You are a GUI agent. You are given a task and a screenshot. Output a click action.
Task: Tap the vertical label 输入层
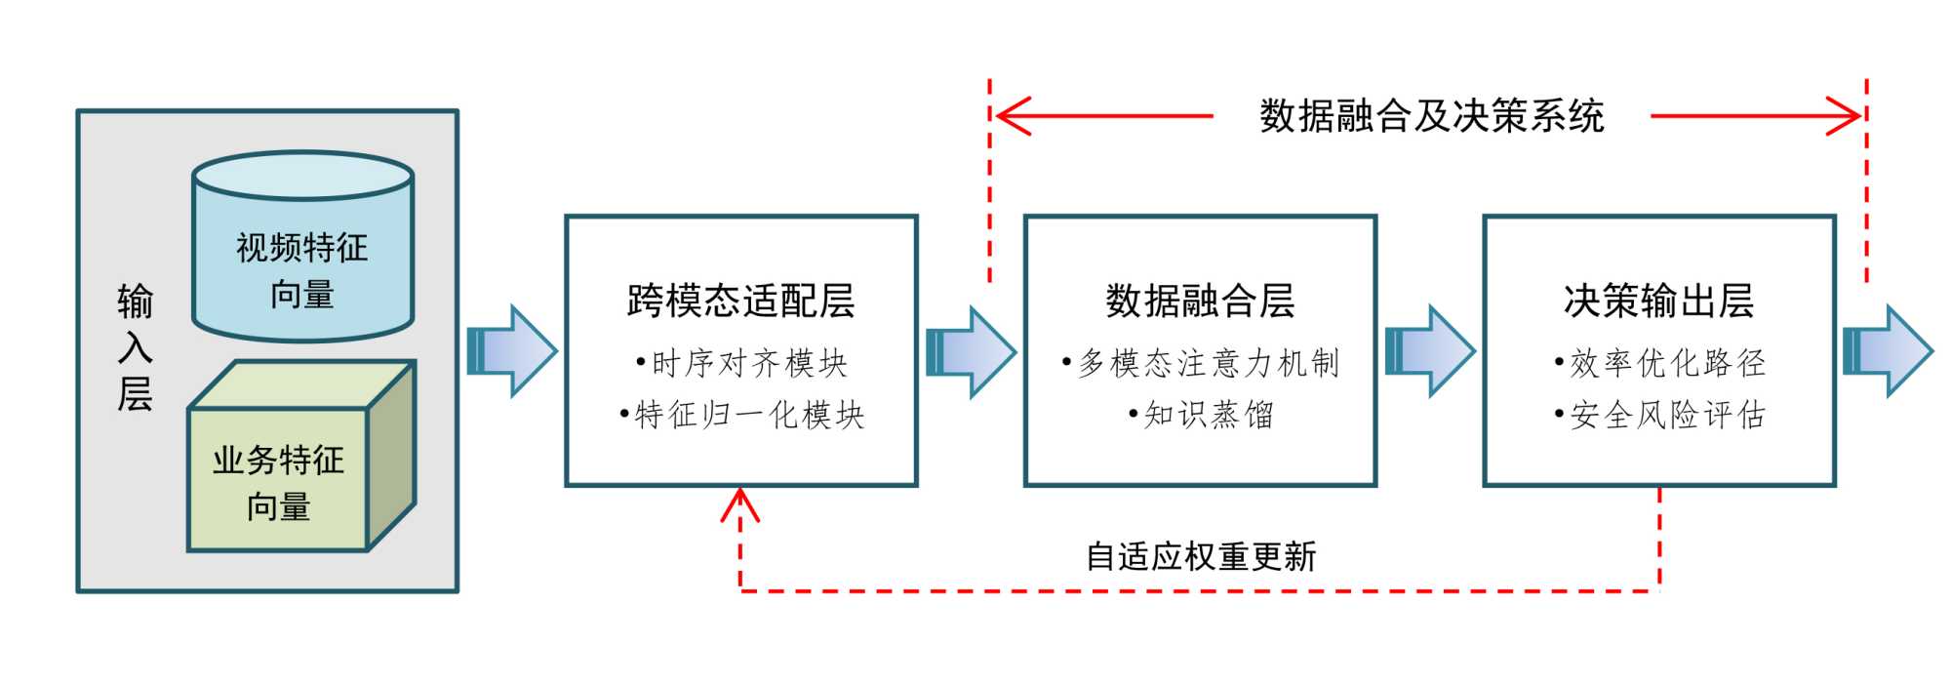click(135, 347)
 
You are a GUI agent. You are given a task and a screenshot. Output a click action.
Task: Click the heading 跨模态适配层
click(740, 301)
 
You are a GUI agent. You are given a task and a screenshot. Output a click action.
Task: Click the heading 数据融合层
click(1200, 301)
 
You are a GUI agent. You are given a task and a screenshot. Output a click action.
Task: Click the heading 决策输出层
click(1658, 301)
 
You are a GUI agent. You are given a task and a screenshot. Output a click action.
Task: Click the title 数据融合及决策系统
click(1431, 116)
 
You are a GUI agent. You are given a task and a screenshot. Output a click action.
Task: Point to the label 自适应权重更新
click(1201, 557)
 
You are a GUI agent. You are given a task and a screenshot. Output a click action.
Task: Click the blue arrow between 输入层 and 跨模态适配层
click(512, 351)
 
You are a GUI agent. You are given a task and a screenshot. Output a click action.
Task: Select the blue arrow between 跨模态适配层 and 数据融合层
click(971, 351)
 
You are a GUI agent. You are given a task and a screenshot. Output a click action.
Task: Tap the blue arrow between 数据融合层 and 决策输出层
click(1430, 351)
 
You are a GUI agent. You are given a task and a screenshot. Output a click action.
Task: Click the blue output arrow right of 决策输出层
click(1888, 351)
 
